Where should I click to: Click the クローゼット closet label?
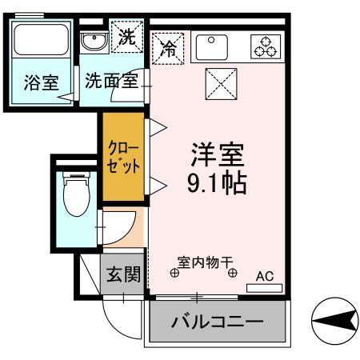tap(123, 157)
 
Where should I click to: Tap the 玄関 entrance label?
tap(123, 276)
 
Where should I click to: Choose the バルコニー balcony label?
tap(217, 324)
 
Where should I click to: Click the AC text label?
tap(264, 277)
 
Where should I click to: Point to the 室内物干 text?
tap(204, 262)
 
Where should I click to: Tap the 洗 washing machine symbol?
tap(127, 36)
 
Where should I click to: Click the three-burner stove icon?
tap(264, 47)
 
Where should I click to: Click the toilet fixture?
tap(76, 194)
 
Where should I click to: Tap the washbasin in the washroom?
tap(93, 39)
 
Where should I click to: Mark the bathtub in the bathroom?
tap(41, 44)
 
